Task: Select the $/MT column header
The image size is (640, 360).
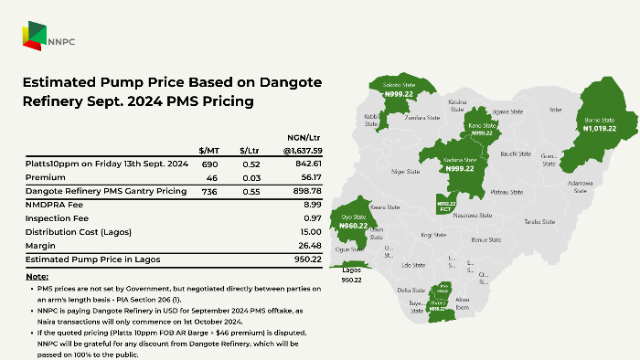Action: (x=209, y=150)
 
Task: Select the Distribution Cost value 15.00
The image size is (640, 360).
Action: (x=310, y=233)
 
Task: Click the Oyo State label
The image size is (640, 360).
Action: (x=354, y=217)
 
